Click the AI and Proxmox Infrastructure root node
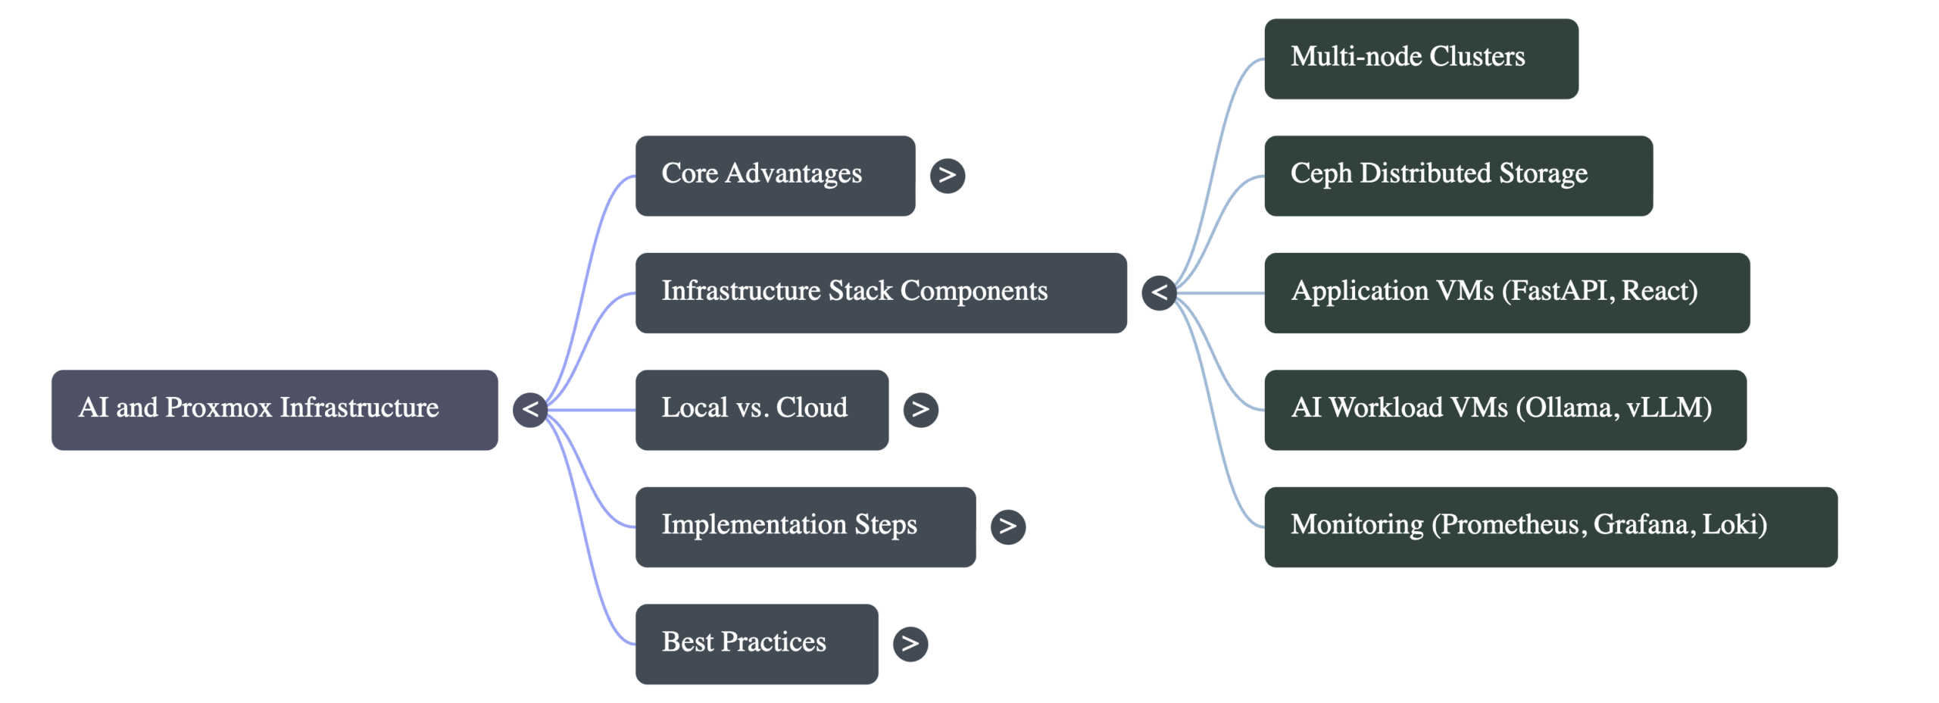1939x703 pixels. [274, 410]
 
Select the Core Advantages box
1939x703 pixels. [775, 176]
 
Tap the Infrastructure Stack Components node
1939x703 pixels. [881, 292]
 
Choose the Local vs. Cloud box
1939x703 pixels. [762, 410]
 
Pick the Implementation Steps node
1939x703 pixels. [805, 526]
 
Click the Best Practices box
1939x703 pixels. [757, 644]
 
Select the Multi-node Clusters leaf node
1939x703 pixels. [1421, 59]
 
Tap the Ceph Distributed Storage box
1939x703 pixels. [1458, 176]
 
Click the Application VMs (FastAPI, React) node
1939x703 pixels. [1507, 292]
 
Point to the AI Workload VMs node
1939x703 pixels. [1505, 410]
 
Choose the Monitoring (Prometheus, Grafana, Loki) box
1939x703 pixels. [1550, 526]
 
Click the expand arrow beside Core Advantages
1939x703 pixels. [947, 176]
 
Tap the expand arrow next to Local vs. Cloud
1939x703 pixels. [920, 410]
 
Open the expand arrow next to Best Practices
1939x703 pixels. [910, 644]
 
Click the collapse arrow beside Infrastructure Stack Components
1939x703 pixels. [1159, 292]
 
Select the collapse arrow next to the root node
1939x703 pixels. [529, 410]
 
